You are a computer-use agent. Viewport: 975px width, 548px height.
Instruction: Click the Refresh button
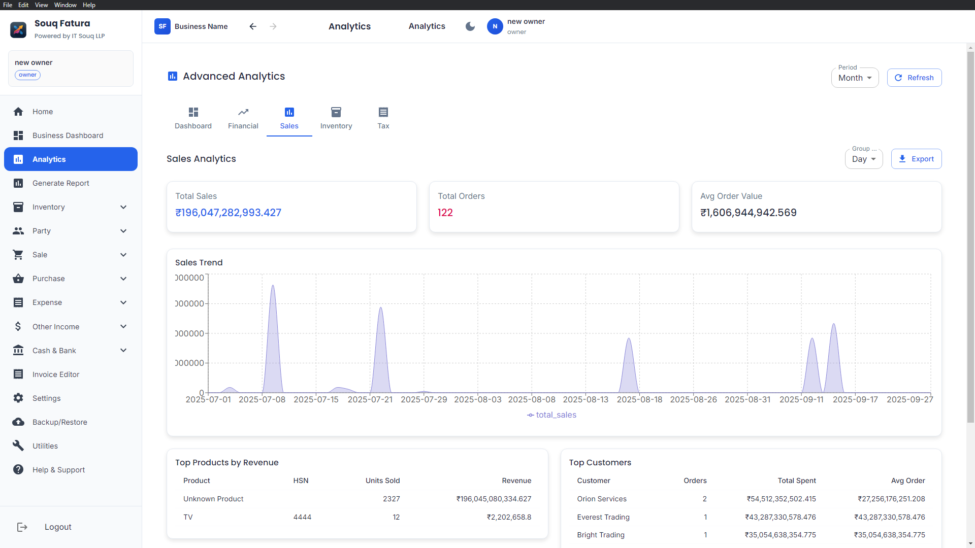[914, 78]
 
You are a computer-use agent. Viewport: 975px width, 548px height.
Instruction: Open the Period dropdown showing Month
[855, 78]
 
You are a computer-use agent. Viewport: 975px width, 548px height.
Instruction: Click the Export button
[916, 159]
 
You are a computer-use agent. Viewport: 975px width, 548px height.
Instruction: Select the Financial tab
[243, 118]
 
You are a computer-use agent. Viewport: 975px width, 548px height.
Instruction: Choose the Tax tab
[383, 118]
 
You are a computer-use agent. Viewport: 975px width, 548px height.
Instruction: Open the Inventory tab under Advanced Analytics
[336, 118]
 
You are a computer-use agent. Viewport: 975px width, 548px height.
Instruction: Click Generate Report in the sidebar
[60, 183]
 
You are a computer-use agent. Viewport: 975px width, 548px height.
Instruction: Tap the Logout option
[57, 527]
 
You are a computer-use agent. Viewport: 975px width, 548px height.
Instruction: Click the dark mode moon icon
[470, 26]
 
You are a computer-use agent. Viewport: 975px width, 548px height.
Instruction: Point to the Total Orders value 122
[445, 213]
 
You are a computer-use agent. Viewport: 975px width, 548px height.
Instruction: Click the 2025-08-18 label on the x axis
[639, 399]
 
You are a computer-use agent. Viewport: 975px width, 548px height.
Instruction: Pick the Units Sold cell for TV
[396, 517]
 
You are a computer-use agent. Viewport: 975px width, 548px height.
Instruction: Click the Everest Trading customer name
[603, 517]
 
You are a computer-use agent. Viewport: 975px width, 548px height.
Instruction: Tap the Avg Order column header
[908, 481]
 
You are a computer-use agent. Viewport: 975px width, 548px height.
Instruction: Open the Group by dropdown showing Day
[864, 159]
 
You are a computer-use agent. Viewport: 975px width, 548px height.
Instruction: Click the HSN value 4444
[302, 517]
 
